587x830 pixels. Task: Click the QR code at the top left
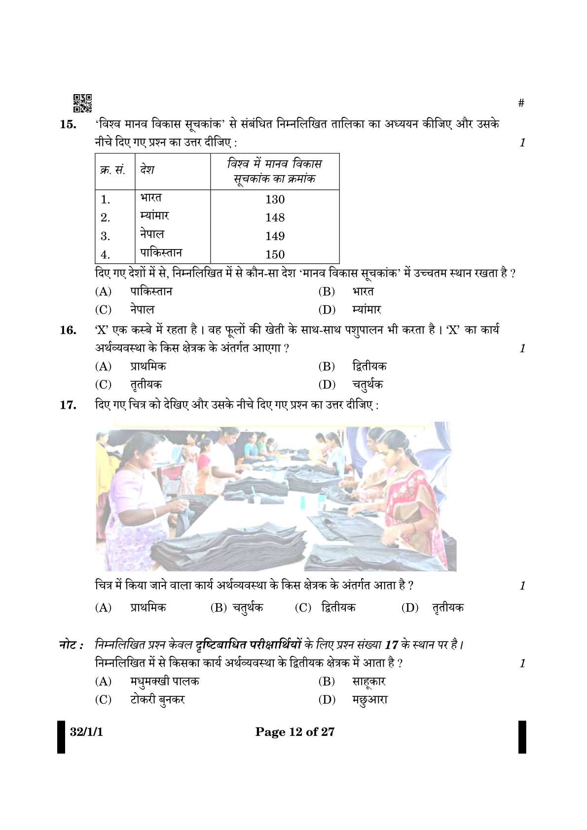(x=82, y=103)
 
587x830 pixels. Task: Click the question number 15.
(x=68, y=124)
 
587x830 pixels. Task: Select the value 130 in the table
(x=275, y=199)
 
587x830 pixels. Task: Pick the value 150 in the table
(x=275, y=254)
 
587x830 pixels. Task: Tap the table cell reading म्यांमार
(x=154, y=216)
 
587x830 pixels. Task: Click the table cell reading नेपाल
(x=152, y=234)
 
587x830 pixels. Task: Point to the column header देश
(x=147, y=170)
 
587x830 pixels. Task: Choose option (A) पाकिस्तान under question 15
(x=151, y=291)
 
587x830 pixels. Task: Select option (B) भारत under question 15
(x=363, y=291)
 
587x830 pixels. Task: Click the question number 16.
(x=68, y=330)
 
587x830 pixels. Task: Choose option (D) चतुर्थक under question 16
(x=367, y=385)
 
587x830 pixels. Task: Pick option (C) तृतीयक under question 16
(x=146, y=385)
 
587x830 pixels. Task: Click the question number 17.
(x=68, y=405)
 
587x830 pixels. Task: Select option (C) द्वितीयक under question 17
(x=338, y=608)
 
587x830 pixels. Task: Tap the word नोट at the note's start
(x=69, y=645)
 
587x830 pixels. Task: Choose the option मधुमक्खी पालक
(x=164, y=682)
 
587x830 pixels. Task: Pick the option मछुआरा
(x=369, y=700)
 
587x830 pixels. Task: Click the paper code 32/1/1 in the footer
(x=86, y=732)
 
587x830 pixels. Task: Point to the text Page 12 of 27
(x=294, y=732)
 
